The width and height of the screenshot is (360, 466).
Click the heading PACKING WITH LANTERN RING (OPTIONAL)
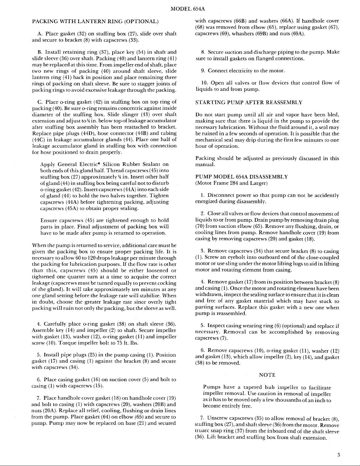pos(95,21)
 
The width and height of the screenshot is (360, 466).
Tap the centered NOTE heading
pos(267,375)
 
